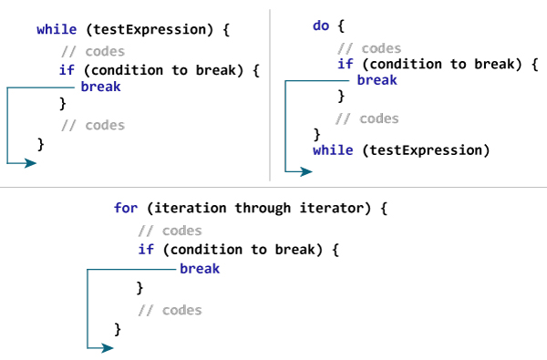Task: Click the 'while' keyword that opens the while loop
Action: [56, 30]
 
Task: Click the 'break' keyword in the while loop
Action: [99, 87]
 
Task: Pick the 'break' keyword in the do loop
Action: [377, 80]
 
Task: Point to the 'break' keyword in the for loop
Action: [200, 269]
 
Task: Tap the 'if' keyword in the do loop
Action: [345, 64]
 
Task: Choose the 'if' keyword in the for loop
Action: [146, 249]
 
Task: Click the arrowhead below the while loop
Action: [31, 163]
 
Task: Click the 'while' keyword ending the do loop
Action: [332, 149]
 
